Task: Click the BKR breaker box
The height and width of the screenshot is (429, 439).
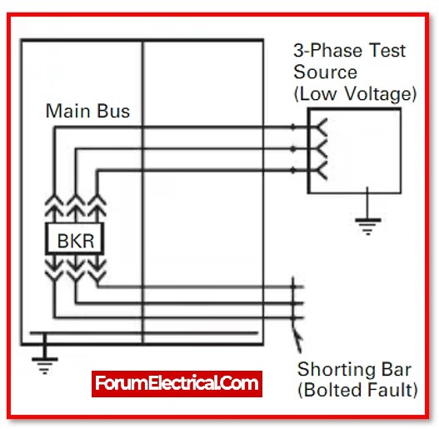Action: [75, 238]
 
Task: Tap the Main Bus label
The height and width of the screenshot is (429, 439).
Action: [87, 111]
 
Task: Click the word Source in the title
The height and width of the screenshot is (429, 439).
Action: [326, 72]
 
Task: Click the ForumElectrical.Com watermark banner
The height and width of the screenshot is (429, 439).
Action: [177, 384]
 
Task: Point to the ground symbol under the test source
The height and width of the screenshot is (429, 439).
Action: [368, 227]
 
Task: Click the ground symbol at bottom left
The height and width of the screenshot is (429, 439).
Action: [44, 366]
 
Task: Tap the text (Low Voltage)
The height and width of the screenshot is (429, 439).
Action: [356, 93]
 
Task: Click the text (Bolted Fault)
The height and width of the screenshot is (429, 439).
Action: [357, 390]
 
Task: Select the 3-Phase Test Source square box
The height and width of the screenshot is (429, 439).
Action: [355, 151]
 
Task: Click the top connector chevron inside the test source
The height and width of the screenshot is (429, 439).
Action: [322, 127]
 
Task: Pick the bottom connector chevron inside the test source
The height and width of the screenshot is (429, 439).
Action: [322, 170]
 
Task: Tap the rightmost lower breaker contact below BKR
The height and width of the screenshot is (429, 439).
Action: [97, 270]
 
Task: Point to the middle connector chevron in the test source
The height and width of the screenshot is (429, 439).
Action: [322, 149]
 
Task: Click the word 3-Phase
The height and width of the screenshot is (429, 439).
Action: [330, 51]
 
